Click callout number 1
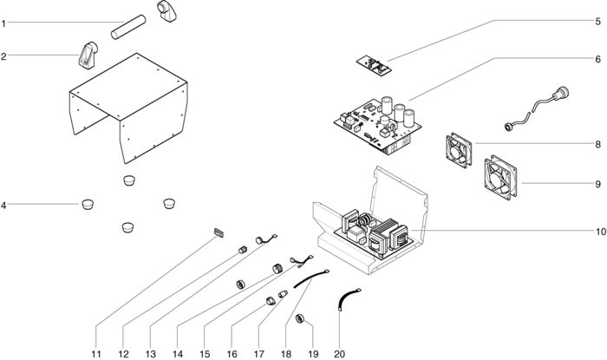3,23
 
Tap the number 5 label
597,22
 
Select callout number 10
600,232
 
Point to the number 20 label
340,354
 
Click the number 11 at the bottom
96,354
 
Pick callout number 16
232,354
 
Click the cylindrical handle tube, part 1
128,27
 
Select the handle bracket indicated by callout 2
88,55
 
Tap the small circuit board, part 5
374,64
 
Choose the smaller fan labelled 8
459,150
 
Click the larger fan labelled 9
500,178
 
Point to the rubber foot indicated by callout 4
88,204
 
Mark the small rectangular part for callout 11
219,232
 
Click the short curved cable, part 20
345,298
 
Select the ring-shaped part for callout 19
300,319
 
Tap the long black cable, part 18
310,278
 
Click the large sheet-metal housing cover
129,108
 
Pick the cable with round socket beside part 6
537,108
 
